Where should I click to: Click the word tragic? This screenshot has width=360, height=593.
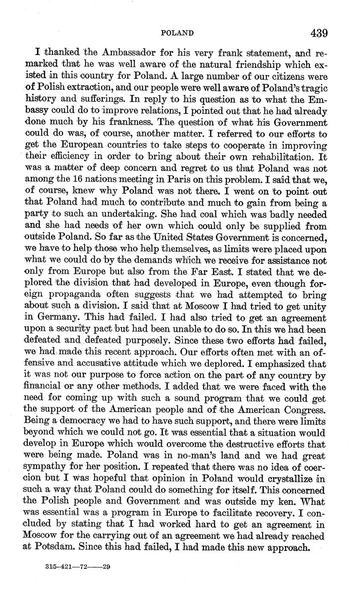coord(312,88)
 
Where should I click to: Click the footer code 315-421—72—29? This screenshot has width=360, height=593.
coord(78,566)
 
